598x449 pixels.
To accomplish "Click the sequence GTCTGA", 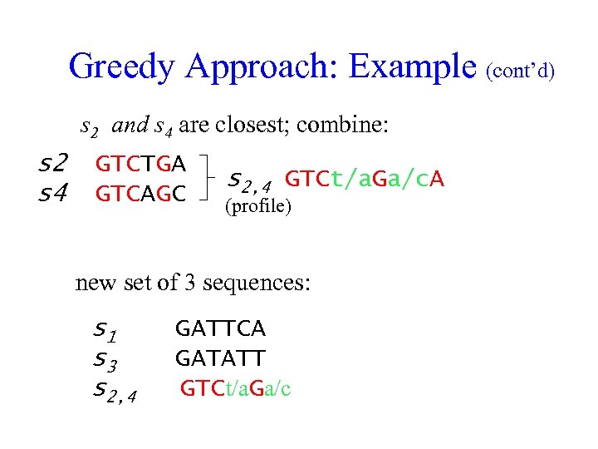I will click(141, 163).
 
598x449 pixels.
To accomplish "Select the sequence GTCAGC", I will click(141, 194).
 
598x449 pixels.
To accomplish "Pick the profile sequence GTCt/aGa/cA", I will click(365, 178).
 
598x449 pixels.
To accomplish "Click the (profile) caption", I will click(258, 205).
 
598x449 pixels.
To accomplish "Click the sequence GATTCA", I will click(220, 329).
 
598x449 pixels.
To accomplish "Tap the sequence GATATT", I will click(220, 358).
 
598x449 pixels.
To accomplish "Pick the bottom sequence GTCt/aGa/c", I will click(235, 388).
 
